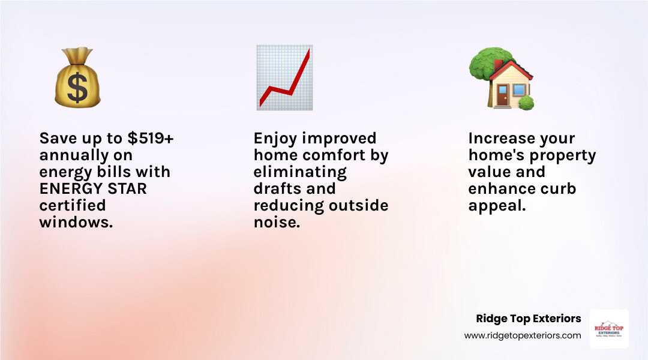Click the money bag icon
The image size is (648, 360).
pos(77,80)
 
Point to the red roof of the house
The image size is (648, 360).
pos(511,68)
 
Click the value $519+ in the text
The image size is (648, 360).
pos(151,139)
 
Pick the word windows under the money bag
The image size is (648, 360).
pos(76,223)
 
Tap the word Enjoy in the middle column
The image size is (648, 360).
pos(275,139)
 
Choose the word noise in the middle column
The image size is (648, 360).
pos(277,223)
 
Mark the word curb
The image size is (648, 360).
pos(558,189)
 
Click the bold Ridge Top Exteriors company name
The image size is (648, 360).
pos(528,319)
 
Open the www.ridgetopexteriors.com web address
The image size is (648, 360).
pos(523,335)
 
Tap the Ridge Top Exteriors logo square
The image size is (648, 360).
pos(609,329)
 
